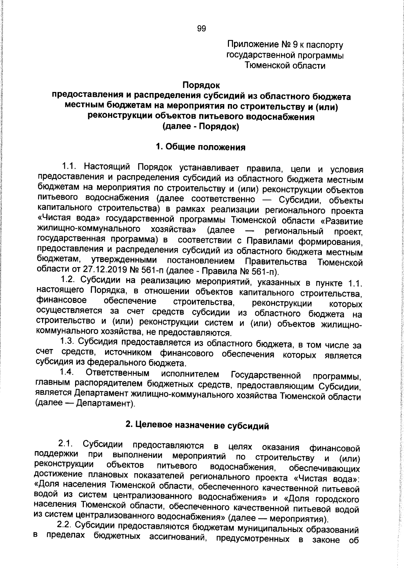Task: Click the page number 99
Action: (x=201, y=29)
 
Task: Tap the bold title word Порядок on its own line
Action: (x=201, y=86)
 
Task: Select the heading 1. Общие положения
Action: (x=201, y=147)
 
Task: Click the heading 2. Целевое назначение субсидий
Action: (x=197, y=426)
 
